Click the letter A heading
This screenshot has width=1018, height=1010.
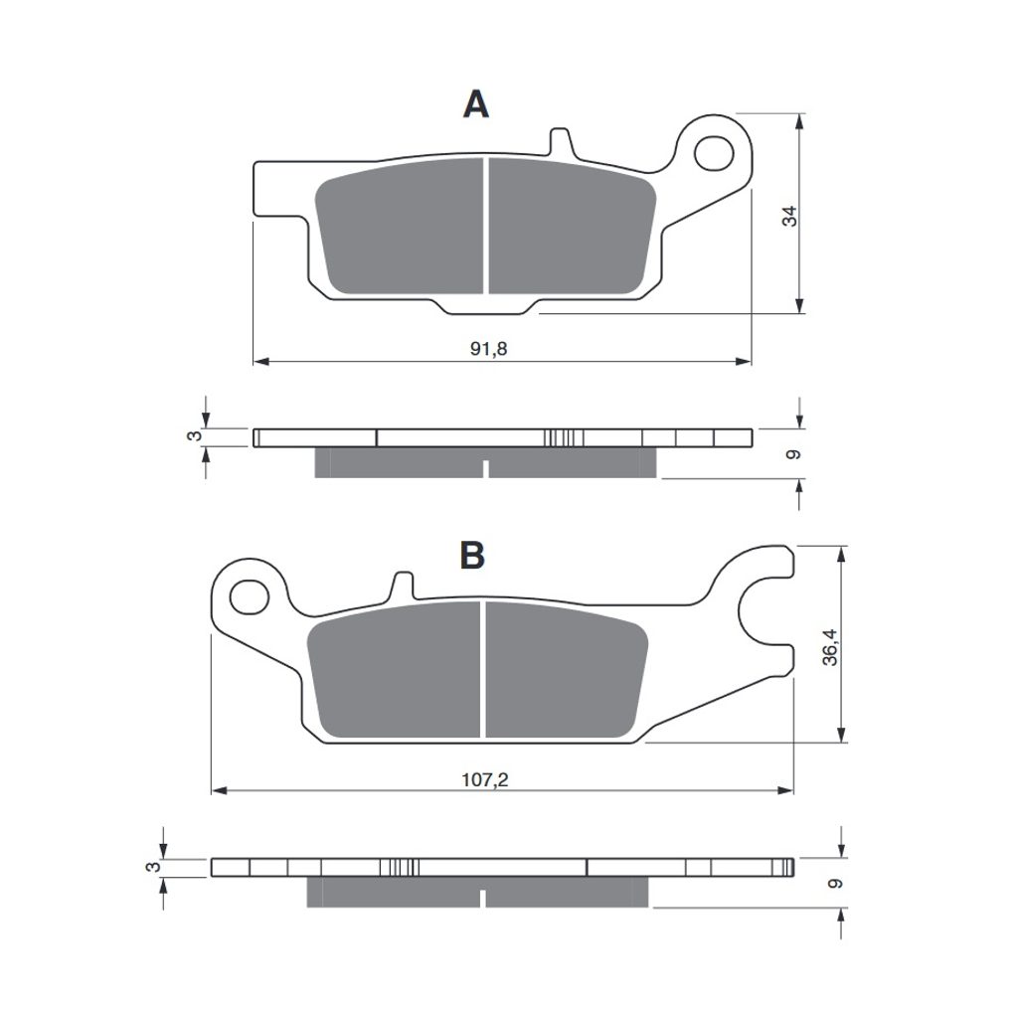click(476, 103)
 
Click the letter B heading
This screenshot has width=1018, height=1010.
click(472, 556)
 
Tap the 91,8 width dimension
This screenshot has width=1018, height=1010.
click(488, 349)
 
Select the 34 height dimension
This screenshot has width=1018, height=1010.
click(789, 216)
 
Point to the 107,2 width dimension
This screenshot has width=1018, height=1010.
click(484, 779)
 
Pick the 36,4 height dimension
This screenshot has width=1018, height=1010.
click(830, 647)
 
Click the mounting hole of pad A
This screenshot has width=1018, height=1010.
click(714, 154)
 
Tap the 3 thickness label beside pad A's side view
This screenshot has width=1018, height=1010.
click(195, 435)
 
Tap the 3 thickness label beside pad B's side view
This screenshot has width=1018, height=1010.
click(152, 867)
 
